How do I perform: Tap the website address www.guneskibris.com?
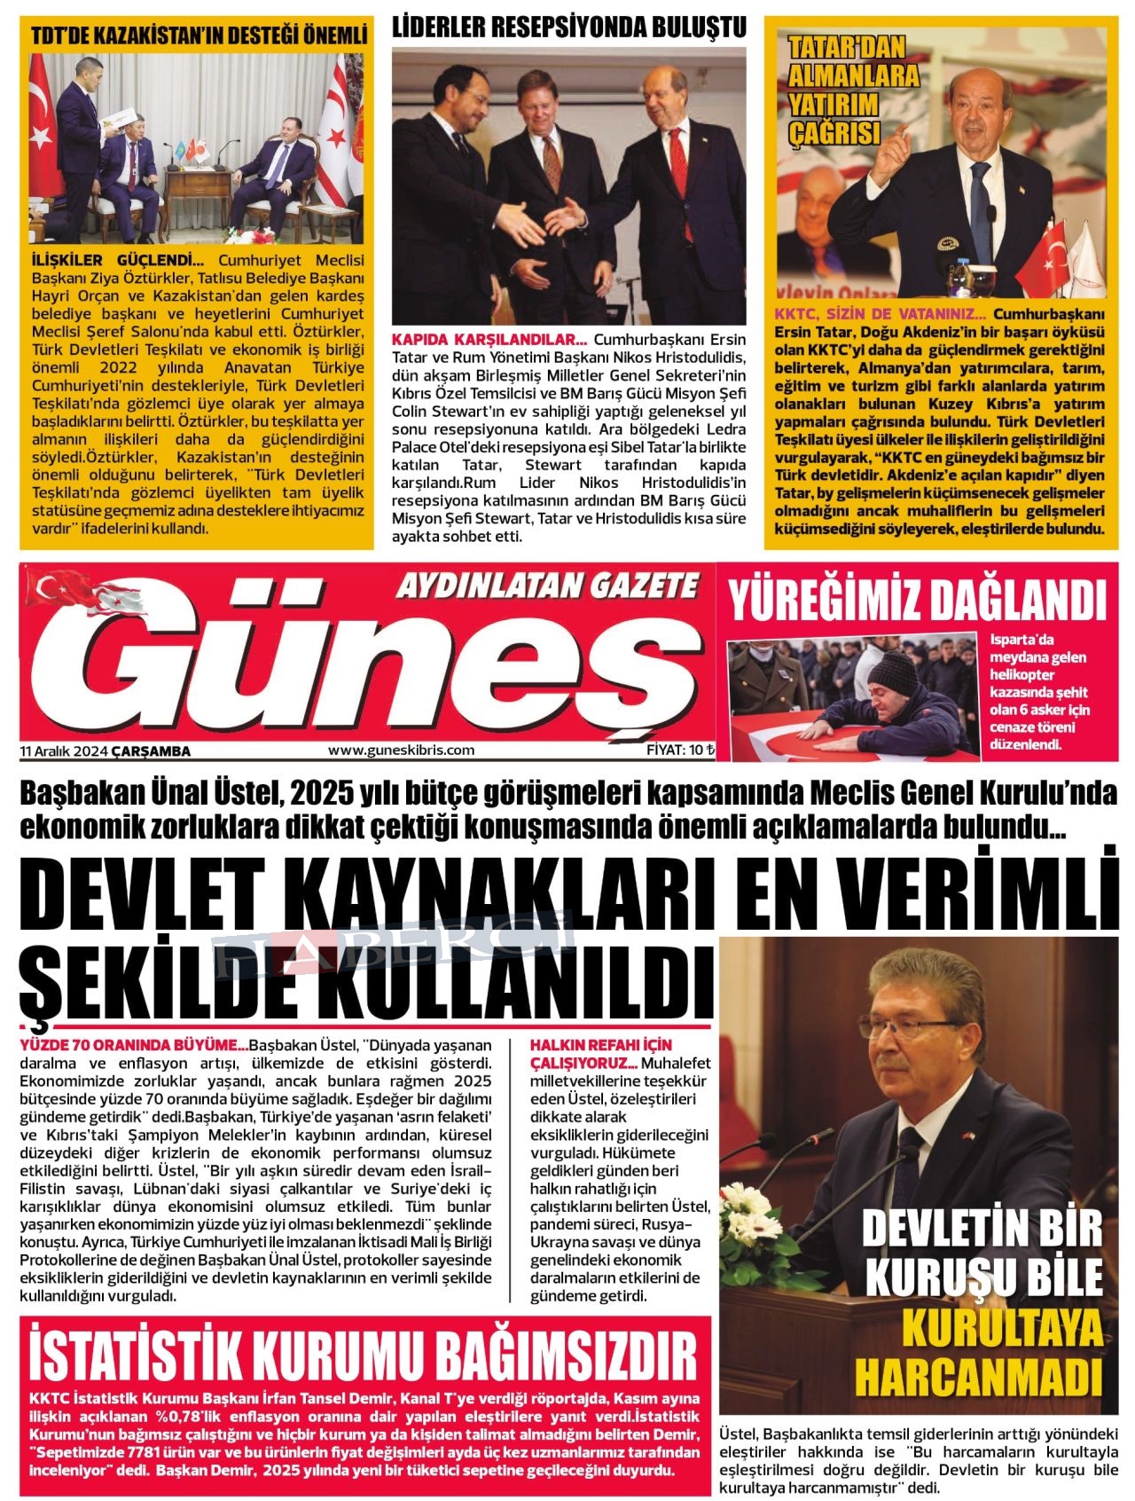pyautogui.click(x=401, y=750)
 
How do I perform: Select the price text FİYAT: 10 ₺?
pyautogui.click(x=680, y=750)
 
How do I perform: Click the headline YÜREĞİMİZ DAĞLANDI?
pyautogui.click(x=918, y=601)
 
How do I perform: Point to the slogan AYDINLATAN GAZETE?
pyautogui.click(x=547, y=585)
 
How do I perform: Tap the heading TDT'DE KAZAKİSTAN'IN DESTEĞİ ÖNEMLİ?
pyautogui.click(x=199, y=36)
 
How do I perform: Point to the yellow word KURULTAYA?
pyautogui.click(x=1002, y=1330)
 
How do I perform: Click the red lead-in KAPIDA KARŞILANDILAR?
pyautogui.click(x=489, y=340)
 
